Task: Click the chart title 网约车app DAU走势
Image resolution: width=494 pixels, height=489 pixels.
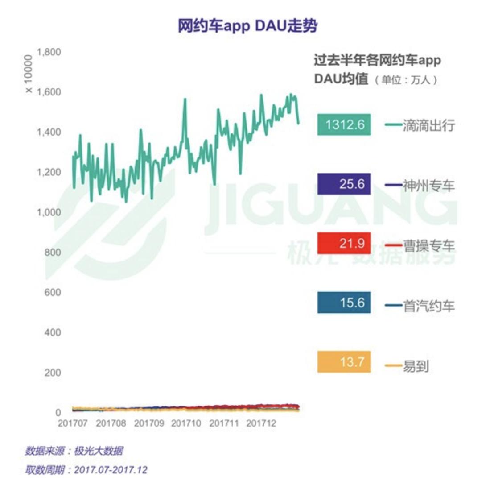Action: point(247,26)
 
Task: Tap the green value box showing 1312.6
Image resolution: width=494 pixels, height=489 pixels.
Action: point(344,124)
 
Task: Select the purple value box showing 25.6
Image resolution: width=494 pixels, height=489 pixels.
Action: point(344,184)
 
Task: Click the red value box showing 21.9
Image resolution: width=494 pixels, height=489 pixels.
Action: point(344,243)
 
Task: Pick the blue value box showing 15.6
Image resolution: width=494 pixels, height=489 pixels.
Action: point(344,303)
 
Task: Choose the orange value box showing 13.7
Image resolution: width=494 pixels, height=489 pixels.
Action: point(344,362)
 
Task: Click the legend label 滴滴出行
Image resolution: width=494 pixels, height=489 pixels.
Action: point(429,125)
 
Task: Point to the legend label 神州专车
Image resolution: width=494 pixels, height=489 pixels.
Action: point(429,186)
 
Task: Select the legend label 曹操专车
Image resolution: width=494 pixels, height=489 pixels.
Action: point(429,246)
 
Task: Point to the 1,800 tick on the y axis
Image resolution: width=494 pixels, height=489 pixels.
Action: point(49,52)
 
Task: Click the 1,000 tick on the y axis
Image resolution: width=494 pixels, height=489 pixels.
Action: point(49,212)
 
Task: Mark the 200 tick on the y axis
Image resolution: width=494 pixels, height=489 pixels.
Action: point(53,373)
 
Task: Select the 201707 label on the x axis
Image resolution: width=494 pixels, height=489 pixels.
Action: point(73,423)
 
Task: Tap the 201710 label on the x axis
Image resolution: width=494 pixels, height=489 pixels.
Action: point(186,423)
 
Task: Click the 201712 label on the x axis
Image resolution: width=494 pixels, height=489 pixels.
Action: point(261,423)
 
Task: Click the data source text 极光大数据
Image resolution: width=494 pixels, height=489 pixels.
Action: point(99,451)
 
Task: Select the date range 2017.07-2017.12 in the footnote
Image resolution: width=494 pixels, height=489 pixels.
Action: point(111,470)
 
